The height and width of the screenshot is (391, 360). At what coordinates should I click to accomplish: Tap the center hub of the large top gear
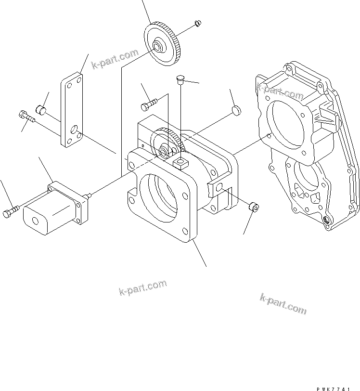pyautogui.click(x=157, y=47)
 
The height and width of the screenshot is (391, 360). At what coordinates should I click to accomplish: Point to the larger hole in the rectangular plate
pyautogui.click(x=73, y=130)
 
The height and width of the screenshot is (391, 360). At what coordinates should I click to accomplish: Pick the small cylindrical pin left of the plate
pyautogui.click(x=42, y=111)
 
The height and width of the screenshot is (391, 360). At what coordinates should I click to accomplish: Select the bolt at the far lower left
pyautogui.click(x=12, y=211)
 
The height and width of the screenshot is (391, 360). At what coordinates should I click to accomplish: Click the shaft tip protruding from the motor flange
pyautogui.click(x=89, y=195)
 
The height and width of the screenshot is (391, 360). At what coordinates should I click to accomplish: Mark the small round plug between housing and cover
pyautogui.click(x=235, y=111)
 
